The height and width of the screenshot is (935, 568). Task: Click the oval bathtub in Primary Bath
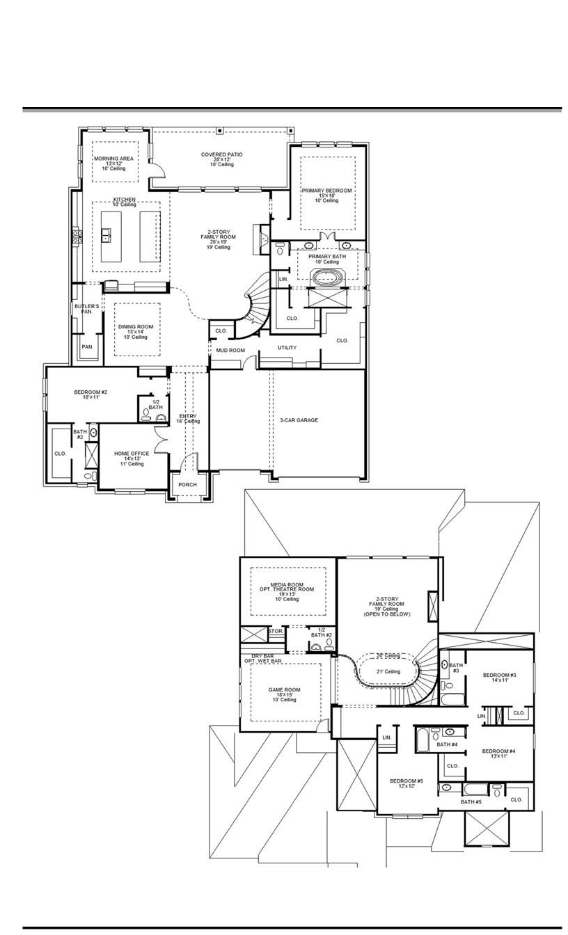click(x=326, y=278)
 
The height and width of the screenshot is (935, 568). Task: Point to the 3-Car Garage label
click(x=299, y=420)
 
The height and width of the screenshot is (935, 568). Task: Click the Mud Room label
click(x=230, y=350)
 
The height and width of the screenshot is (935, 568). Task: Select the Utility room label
click(x=287, y=348)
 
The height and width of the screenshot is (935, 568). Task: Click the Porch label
click(x=187, y=485)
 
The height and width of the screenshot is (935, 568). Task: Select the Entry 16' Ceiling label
click(x=187, y=419)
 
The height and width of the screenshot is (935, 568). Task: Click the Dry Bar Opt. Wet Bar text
click(x=262, y=658)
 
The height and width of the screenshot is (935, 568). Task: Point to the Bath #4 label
click(x=447, y=745)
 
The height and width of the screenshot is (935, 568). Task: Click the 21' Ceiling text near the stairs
click(x=388, y=671)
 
